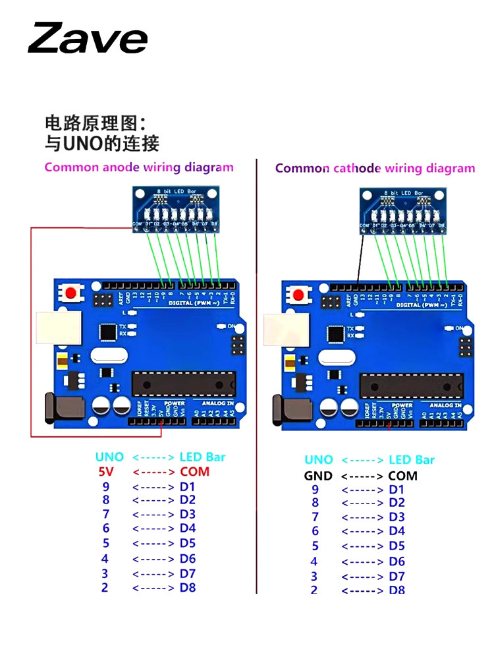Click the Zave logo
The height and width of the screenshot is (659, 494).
click(88, 38)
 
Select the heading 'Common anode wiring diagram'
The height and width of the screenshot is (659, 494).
click(139, 167)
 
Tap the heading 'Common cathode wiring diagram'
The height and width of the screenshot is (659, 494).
click(375, 169)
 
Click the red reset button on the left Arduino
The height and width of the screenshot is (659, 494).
click(69, 293)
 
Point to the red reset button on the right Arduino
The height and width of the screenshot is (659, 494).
click(299, 295)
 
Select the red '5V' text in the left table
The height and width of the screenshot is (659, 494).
click(106, 472)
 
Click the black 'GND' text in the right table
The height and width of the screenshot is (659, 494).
click(318, 476)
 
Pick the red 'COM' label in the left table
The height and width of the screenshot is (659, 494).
click(194, 472)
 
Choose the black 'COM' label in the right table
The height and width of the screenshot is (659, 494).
click(402, 476)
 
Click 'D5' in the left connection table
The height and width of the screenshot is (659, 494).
click(188, 543)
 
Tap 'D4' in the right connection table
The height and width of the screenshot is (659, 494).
click(397, 531)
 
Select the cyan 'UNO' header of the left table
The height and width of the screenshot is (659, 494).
click(109, 457)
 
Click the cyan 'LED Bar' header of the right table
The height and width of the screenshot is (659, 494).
click(412, 460)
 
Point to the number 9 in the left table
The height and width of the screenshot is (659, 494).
click(106, 487)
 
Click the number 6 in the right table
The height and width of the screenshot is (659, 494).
click(315, 531)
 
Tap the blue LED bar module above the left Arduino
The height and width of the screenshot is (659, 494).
click(175, 207)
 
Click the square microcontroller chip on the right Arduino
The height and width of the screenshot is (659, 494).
click(337, 334)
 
